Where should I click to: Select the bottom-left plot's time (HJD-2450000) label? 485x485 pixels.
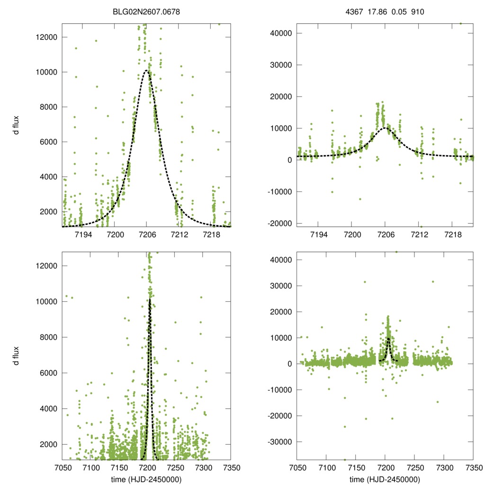click(x=146, y=479)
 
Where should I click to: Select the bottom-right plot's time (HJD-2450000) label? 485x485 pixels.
click(x=385, y=479)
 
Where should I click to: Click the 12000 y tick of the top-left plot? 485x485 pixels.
click(x=47, y=37)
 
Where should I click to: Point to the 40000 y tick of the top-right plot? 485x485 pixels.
click(x=281, y=33)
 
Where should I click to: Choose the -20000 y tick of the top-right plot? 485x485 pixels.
click(x=279, y=223)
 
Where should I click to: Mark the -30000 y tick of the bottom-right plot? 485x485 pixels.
click(x=279, y=441)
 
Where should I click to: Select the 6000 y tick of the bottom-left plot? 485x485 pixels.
click(x=49, y=373)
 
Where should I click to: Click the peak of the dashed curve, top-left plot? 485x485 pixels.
click(x=147, y=71)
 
